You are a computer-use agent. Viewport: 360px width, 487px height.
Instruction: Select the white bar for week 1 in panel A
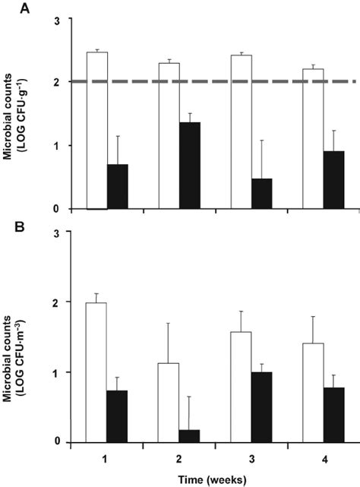(x=96, y=130)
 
